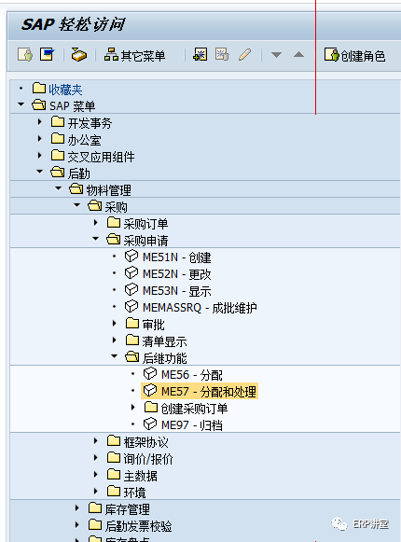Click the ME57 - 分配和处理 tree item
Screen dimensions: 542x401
click(208, 391)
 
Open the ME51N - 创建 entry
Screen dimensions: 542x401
click(176, 257)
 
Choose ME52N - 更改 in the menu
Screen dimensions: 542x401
click(176, 273)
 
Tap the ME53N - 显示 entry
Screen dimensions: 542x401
click(176, 290)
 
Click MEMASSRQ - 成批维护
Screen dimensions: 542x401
click(199, 307)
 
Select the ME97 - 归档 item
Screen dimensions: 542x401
click(191, 424)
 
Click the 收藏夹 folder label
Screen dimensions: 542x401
click(65, 89)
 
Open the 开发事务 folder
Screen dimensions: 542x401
click(90, 122)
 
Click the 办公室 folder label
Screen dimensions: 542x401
click(84, 139)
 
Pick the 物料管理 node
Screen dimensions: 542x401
click(108, 189)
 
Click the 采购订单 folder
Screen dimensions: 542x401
click(145, 223)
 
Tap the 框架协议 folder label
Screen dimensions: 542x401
click(145, 441)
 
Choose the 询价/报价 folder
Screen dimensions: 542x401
click(147, 458)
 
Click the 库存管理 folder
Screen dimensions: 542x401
click(127, 508)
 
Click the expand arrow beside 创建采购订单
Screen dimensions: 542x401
click(133, 408)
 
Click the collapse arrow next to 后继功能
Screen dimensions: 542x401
click(115, 357)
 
